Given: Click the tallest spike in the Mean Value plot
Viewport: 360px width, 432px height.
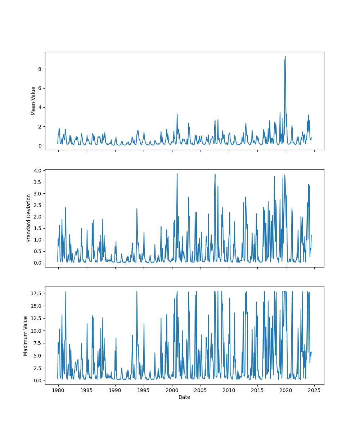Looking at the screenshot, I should point(285,57).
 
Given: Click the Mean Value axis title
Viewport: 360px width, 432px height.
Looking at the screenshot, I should point(33,101).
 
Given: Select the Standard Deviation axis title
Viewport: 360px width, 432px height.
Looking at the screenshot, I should point(29,218).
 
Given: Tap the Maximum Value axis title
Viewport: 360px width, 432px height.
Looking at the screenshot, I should point(26,336).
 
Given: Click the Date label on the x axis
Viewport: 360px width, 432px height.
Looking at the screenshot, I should point(184,397).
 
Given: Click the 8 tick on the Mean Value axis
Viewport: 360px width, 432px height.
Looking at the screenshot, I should point(40,69).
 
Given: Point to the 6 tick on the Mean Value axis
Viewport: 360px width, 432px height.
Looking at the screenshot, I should point(40,88).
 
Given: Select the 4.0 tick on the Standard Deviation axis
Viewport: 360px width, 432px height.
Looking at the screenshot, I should point(37,170).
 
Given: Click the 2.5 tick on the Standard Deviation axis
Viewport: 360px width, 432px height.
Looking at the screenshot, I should point(37,205).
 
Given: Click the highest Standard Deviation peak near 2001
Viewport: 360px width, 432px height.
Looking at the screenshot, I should point(177,174).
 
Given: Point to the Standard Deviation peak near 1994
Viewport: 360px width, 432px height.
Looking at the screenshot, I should point(137,208).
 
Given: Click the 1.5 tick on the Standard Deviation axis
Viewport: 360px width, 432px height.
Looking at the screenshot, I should point(37,228).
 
